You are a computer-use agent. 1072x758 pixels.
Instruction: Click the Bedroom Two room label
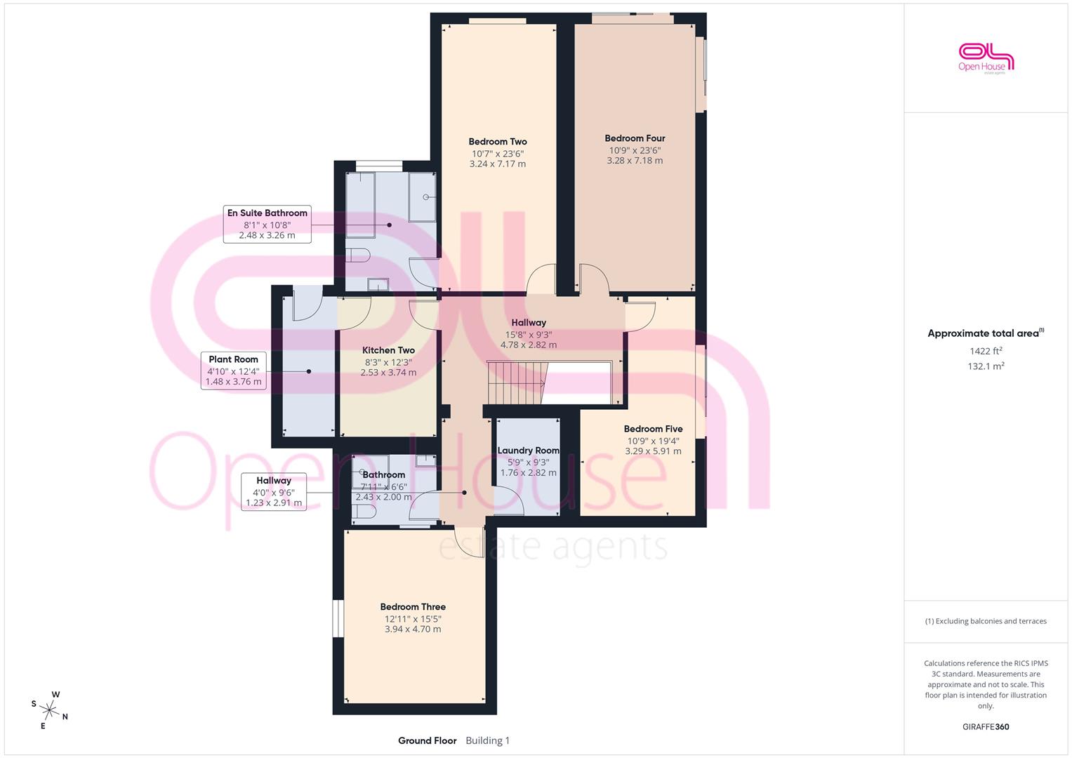498,142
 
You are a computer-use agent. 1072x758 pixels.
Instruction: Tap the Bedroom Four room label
635,138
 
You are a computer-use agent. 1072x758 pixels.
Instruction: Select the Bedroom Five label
653,430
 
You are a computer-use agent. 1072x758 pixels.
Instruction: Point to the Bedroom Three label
413,607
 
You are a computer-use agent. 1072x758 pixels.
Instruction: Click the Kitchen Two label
388,350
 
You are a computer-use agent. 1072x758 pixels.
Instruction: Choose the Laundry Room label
529,451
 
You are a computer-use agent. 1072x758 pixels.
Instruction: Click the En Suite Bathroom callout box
267,224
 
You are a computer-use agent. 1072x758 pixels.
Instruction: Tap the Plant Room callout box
234,371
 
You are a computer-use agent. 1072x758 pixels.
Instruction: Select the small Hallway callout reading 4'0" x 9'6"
274,491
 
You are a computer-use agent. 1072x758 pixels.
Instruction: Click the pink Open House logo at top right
986,58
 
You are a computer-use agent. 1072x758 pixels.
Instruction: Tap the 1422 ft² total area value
986,351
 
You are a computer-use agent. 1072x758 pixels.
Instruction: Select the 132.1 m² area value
986,366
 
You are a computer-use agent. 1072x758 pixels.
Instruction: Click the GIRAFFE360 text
986,726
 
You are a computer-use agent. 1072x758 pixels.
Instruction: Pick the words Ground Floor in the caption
427,740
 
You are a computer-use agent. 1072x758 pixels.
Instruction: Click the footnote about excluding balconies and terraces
986,621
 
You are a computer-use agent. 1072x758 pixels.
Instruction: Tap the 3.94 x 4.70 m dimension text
413,630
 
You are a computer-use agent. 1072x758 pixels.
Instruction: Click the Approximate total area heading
986,333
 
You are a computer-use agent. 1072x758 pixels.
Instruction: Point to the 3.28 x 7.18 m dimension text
635,161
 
